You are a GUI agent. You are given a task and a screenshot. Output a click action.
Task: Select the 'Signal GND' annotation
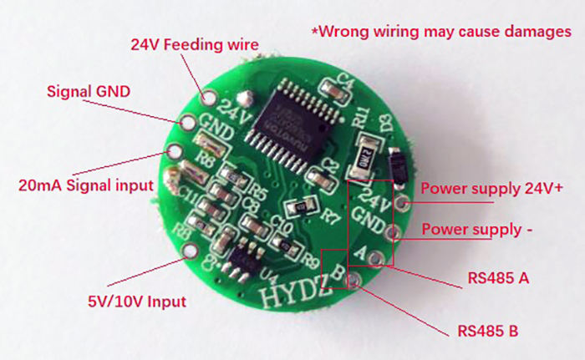coord(89,90)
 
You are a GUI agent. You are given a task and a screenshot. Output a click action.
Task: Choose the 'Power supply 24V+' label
coord(491,188)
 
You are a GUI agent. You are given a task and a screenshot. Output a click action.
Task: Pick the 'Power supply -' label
coord(477,228)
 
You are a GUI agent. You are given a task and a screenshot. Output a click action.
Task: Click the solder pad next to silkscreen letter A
coord(379,256)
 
